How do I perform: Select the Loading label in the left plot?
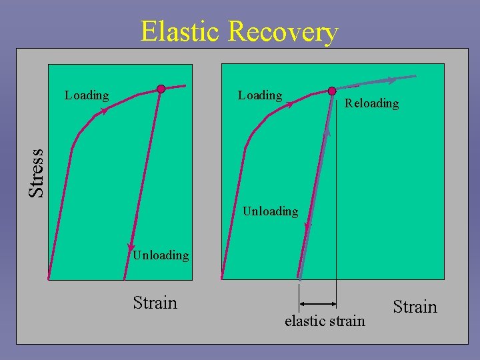87,95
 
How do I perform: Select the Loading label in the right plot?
260,95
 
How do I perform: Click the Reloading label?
371,103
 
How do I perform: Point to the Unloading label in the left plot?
161,255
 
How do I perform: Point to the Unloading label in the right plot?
270,211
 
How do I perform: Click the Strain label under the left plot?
155,303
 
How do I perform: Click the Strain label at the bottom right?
415,307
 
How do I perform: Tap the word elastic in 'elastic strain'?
304,321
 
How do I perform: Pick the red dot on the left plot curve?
161,89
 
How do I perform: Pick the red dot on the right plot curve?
332,91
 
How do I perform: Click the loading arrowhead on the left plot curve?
103,112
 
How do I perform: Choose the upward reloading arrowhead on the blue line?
327,133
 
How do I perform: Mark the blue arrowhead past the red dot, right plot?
392,80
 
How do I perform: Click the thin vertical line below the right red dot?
336,200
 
